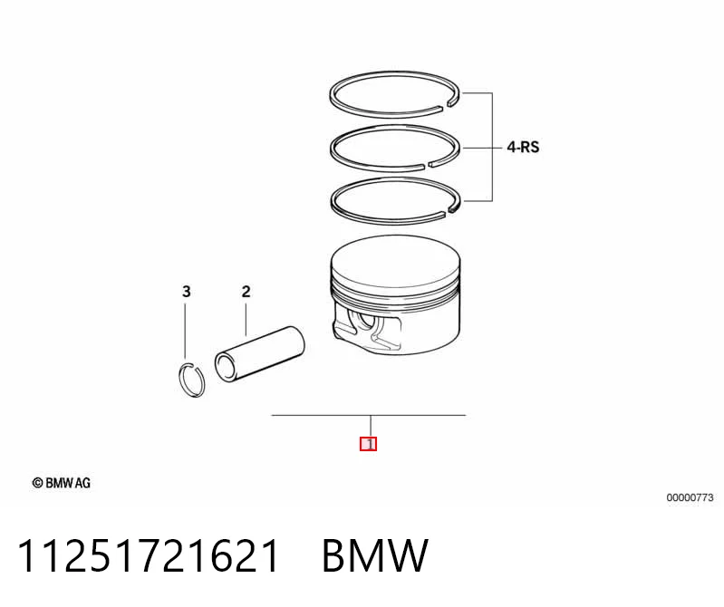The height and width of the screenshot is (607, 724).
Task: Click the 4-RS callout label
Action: [x=523, y=148]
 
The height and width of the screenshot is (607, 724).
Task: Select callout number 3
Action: [x=186, y=292]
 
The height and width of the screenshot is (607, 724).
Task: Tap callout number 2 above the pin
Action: [x=246, y=292]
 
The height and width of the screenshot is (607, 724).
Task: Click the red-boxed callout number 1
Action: [x=369, y=444]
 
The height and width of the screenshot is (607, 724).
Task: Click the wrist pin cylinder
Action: [x=259, y=354]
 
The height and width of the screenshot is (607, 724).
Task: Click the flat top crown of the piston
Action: [x=396, y=259]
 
